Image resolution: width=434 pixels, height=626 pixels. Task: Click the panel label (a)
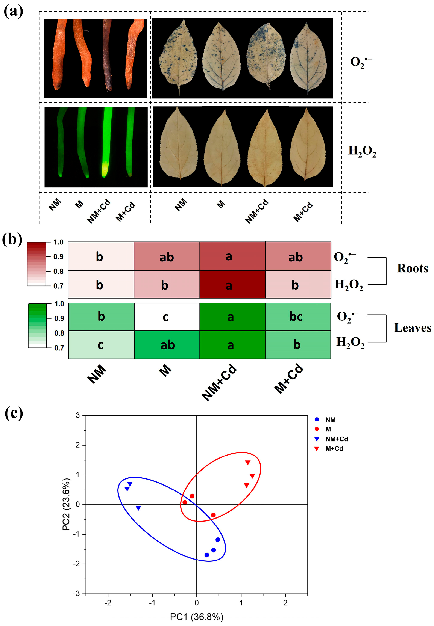pos(13,12)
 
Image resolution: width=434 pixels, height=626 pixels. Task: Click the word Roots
pos(412,269)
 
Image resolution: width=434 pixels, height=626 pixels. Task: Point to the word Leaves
pos(412,328)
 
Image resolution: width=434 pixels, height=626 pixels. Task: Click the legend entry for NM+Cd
pos(336,439)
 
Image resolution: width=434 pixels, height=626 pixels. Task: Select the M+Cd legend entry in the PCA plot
pos(334,449)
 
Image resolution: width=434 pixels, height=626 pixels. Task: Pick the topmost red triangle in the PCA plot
pos(248,462)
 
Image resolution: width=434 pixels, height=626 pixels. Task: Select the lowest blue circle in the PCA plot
pos(207,555)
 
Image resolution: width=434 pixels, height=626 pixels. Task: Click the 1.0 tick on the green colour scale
pos(59,304)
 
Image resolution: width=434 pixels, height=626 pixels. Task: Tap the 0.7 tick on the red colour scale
pos(58,286)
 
